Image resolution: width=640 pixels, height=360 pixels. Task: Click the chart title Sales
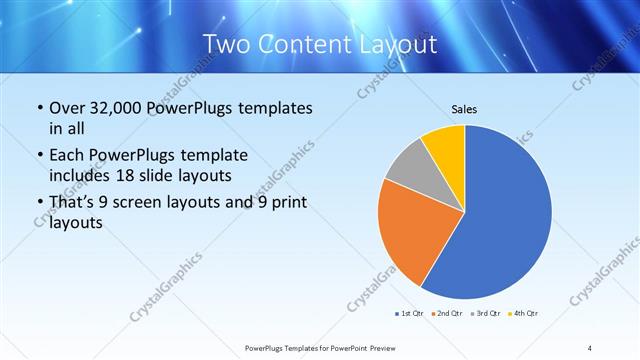pyautogui.click(x=465, y=108)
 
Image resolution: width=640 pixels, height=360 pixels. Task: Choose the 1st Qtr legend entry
pyautogui.click(x=409, y=314)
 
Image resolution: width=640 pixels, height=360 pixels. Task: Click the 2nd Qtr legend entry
pyautogui.click(x=446, y=314)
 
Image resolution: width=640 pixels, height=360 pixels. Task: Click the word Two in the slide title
pyautogui.click(x=228, y=44)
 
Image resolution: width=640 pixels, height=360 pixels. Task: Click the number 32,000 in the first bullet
pyautogui.click(x=114, y=108)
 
